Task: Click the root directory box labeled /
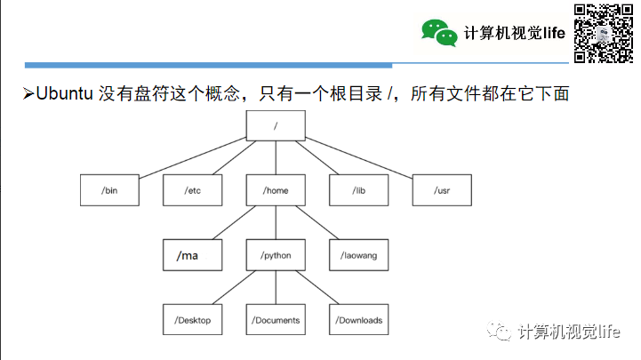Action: point(276,125)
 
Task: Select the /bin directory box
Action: point(109,190)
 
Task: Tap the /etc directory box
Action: point(192,190)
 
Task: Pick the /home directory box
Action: point(276,190)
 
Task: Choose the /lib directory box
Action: point(359,190)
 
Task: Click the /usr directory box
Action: point(442,190)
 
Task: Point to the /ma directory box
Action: point(192,255)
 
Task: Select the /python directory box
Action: point(276,255)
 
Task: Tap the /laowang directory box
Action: point(359,255)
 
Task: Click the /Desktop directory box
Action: point(192,320)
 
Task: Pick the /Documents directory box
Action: point(276,320)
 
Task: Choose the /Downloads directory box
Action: point(359,320)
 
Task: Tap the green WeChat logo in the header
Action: point(439,33)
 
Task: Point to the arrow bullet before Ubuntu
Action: point(28,93)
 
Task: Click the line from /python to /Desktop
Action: point(234,287)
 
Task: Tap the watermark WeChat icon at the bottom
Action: point(501,332)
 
